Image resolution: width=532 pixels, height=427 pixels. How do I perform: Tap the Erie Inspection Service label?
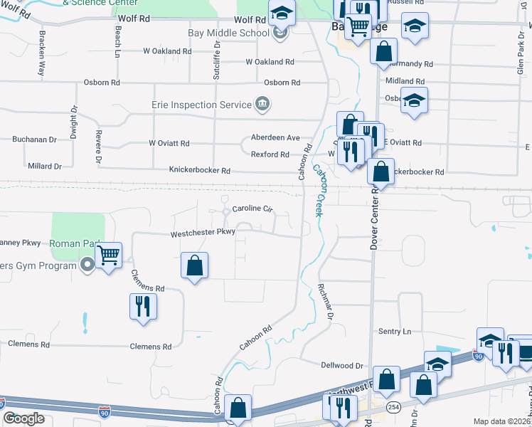click(x=202, y=105)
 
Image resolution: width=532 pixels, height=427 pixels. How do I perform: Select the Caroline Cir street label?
click(x=252, y=209)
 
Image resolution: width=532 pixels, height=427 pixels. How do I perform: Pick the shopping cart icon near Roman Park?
click(x=108, y=255)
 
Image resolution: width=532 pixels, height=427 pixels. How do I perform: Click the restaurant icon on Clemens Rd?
click(x=143, y=306)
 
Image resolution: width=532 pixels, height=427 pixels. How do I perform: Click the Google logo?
click(x=23, y=418)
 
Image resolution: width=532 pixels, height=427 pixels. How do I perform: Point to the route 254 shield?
click(x=393, y=406)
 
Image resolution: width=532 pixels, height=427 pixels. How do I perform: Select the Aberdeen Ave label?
click(x=275, y=137)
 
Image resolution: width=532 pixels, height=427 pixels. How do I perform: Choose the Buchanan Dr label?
click(x=33, y=140)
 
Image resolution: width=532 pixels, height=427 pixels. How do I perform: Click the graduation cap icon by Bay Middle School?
click(x=282, y=14)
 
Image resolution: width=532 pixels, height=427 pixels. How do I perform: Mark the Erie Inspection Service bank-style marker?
click(x=262, y=105)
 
